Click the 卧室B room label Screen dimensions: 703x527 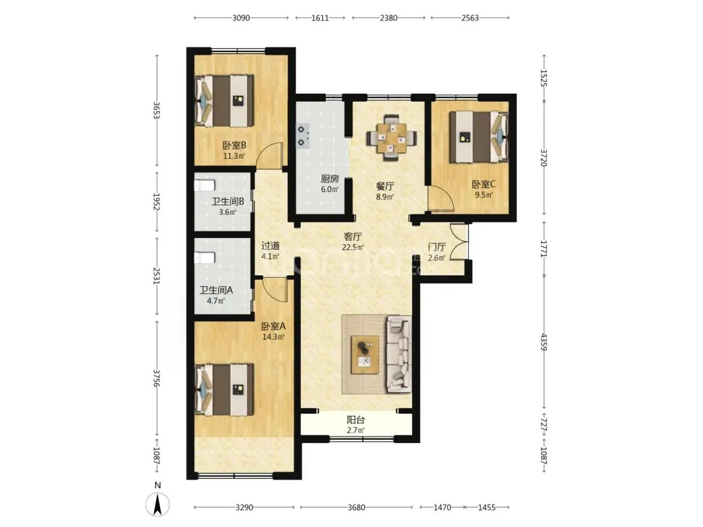tap(234, 145)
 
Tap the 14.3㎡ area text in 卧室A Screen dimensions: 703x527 tap(273, 337)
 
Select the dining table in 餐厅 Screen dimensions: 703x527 tap(391, 137)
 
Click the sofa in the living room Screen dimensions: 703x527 tap(398, 355)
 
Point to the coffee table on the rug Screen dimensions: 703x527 tap(365, 355)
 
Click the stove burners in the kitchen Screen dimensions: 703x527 tap(303, 136)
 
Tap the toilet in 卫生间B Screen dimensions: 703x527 tap(205, 185)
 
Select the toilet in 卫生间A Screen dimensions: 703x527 tap(205, 258)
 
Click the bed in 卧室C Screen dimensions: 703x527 tap(479, 137)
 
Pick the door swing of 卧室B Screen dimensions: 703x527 tap(270, 155)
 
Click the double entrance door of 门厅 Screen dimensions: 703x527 tap(459, 242)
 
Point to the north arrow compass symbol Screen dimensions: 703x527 tap(158, 503)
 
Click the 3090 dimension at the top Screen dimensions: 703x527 tap(241, 18)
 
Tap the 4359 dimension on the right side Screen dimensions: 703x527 tap(544, 342)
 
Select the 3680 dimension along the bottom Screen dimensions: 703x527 tap(357, 507)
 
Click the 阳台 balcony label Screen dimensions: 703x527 tap(356, 420)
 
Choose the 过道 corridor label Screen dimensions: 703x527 tap(270, 245)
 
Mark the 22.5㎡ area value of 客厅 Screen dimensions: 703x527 tap(353, 247)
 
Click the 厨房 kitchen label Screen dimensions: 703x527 tap(329, 179)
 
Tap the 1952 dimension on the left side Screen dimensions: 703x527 tap(156, 202)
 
